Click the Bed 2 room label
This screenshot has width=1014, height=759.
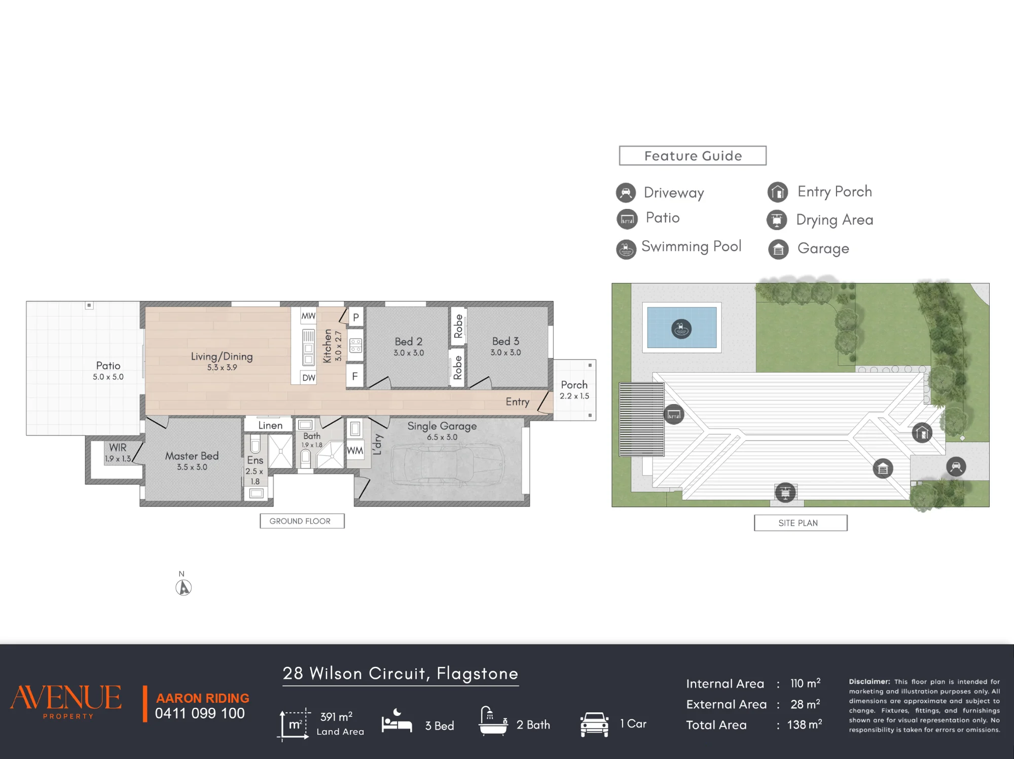point(409,342)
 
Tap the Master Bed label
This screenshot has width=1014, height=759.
point(192,456)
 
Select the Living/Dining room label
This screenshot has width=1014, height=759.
point(222,356)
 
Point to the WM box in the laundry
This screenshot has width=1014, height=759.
point(355,451)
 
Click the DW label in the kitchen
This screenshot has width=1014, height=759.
point(309,378)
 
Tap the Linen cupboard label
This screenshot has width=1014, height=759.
point(270,425)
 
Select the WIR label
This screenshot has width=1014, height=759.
point(118,447)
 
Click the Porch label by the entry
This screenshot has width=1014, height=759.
point(574,385)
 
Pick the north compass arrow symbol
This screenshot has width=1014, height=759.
point(184,588)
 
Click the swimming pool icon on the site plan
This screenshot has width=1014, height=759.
point(681,329)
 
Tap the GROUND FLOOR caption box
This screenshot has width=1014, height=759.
point(302,521)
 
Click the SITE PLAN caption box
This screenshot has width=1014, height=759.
point(801,523)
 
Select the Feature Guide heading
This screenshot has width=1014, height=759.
point(693,156)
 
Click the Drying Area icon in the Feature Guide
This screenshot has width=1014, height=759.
point(777,220)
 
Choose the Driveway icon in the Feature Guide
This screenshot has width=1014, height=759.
point(626,193)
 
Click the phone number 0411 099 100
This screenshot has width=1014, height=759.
point(200,713)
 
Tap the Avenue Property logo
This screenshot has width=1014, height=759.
point(66,701)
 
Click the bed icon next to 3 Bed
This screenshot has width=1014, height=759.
point(396,721)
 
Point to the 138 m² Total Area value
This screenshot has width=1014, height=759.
point(805,725)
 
